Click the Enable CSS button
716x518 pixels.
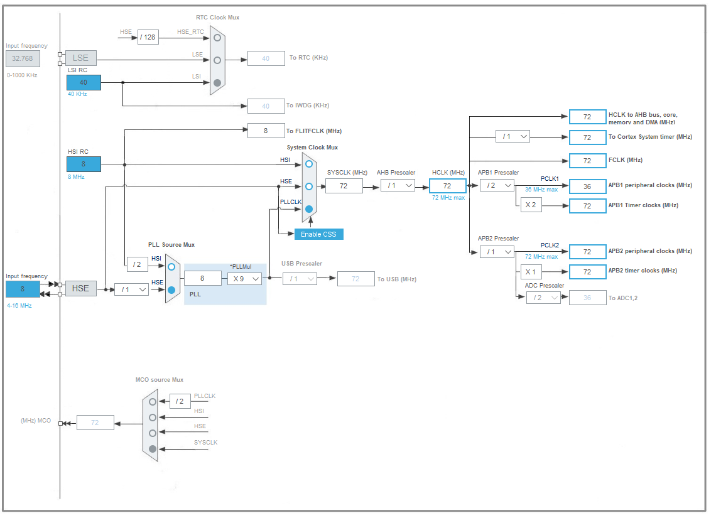click(319, 234)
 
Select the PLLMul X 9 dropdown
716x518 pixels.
click(244, 278)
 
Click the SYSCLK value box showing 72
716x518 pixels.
click(344, 185)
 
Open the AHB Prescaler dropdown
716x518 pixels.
click(398, 185)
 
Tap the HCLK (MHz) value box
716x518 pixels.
click(447, 185)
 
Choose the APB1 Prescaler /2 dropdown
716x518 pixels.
click(497, 185)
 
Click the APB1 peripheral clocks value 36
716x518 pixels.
click(587, 186)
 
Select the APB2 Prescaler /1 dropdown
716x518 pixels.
click(497, 251)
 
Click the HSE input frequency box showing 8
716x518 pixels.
click(22, 289)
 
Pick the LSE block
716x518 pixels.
click(81, 58)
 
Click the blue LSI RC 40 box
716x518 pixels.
click(84, 82)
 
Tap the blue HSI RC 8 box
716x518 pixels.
click(84, 164)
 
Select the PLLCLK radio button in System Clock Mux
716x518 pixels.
click(309, 209)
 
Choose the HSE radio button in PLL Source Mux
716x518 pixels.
click(171, 290)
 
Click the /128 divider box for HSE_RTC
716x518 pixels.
click(148, 37)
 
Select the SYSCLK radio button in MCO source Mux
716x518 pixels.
click(152, 448)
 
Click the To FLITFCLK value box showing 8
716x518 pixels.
click(266, 131)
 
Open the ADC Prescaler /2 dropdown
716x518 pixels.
click(543, 298)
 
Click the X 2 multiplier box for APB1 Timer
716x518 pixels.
click(531, 205)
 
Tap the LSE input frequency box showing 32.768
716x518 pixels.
click(23, 58)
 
